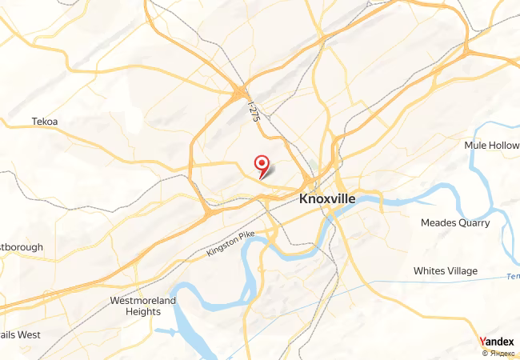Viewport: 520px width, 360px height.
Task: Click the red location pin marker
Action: [262, 165]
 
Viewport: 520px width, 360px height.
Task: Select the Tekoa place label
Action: [45, 122]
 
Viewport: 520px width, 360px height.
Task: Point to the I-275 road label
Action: [255, 109]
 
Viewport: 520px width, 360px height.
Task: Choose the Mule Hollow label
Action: [491, 146]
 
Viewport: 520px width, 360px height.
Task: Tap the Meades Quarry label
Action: [455, 223]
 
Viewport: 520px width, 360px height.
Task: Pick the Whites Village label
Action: [446, 271]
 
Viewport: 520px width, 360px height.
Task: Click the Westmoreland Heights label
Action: [143, 306]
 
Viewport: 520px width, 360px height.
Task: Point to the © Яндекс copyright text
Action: [498, 353]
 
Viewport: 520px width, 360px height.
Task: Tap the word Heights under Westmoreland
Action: [143, 312]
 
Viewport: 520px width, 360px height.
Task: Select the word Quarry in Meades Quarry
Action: [473, 223]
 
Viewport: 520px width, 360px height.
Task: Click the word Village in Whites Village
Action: [462, 271]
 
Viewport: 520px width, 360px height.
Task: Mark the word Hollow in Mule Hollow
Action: [502, 146]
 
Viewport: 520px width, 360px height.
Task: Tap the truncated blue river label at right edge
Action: [513, 278]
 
